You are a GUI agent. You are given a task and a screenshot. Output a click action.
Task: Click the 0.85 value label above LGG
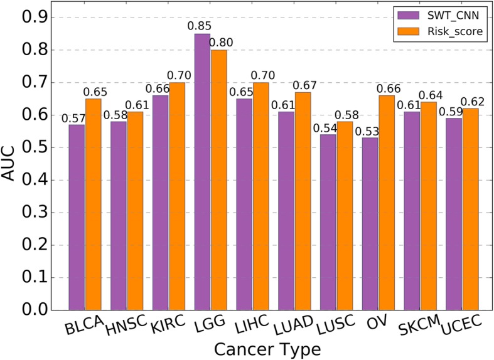point(202,27)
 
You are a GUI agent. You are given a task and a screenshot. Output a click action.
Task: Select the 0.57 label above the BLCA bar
point(73,118)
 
